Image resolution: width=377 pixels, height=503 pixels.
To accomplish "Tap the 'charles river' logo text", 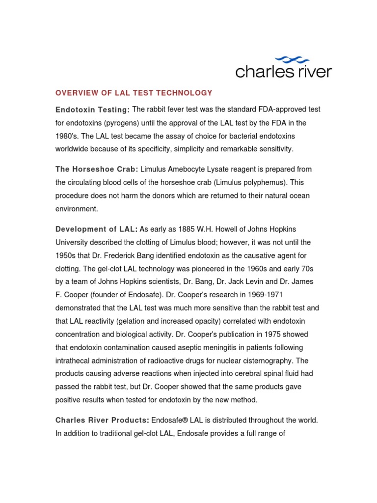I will (x=284, y=72).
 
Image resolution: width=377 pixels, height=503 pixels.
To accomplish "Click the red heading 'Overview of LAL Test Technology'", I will (x=134, y=93).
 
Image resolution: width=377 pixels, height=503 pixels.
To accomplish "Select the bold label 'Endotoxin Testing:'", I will (x=92, y=110).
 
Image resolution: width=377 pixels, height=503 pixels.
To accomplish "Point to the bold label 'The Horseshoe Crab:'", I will (x=97, y=169).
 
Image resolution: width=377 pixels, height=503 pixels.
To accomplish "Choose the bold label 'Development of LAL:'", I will (x=96, y=229).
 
